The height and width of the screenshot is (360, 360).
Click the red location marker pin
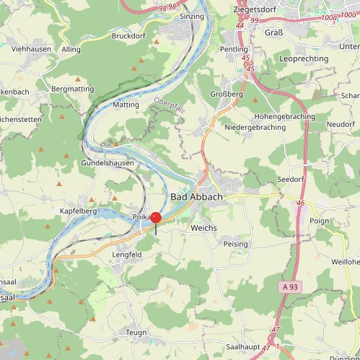(x=156, y=219)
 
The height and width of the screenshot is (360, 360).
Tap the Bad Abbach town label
(x=196, y=197)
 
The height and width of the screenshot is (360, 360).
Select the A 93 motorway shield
(x=289, y=287)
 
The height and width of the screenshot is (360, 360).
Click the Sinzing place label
(x=193, y=16)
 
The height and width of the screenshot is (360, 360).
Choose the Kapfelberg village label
(x=78, y=210)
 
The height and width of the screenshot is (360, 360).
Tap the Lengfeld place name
(x=127, y=255)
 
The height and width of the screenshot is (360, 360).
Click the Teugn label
(x=136, y=332)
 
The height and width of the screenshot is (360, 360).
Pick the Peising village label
(x=236, y=244)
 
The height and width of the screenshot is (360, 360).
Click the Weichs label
(x=203, y=227)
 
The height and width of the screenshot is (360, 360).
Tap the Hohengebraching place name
(x=284, y=116)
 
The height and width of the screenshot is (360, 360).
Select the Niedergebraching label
(x=255, y=127)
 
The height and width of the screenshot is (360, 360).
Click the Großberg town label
(x=226, y=93)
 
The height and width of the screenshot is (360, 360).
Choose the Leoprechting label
(x=304, y=57)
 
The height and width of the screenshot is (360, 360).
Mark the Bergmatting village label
(x=73, y=89)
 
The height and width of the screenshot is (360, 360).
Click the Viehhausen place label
(x=32, y=49)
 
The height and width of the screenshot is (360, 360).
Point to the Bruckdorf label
(x=131, y=35)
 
